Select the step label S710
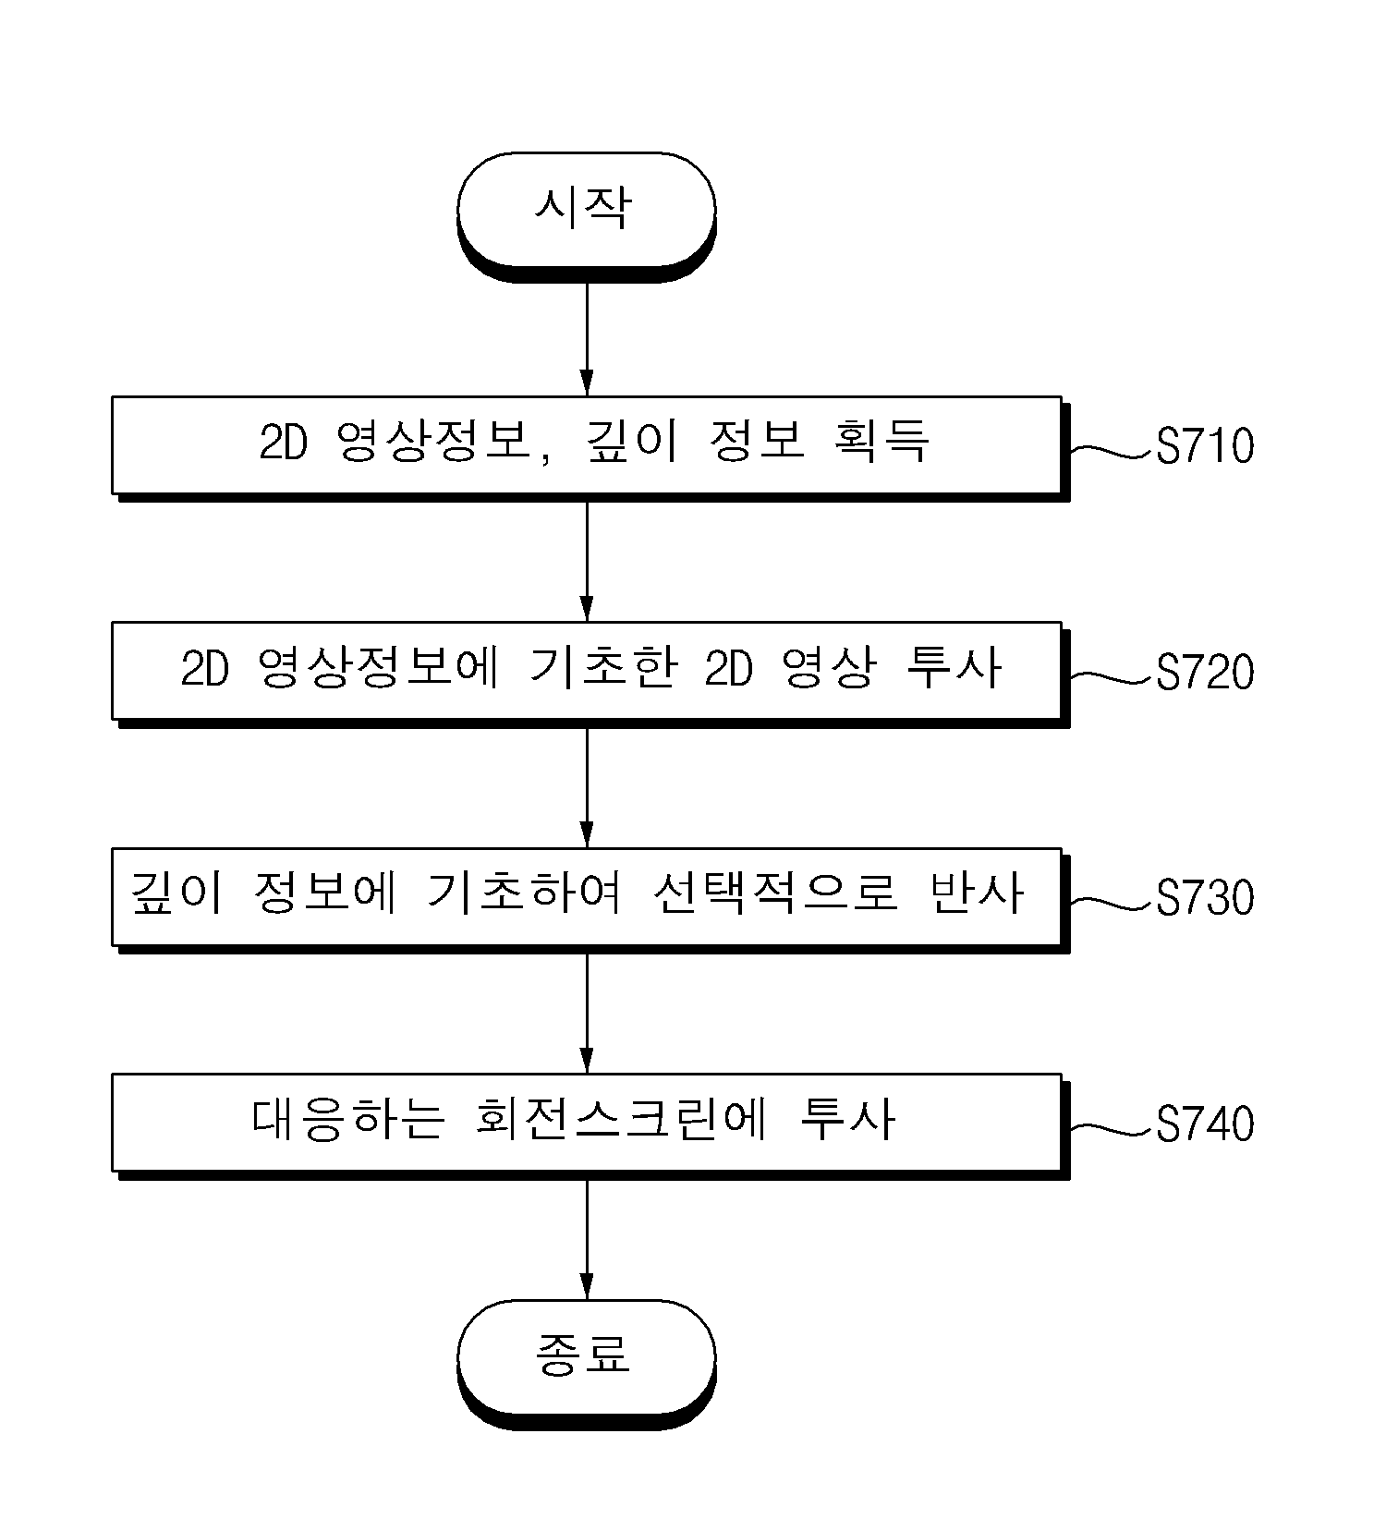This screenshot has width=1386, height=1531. (1205, 446)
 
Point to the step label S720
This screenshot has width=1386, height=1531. (1205, 673)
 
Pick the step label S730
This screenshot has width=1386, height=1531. (1205, 898)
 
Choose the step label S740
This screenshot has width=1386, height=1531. (1205, 1124)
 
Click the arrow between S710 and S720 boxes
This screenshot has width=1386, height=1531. (586, 562)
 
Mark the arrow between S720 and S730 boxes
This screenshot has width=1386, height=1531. (586, 787)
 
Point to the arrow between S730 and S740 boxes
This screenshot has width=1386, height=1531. (586, 1013)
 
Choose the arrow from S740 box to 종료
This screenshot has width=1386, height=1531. (586, 1239)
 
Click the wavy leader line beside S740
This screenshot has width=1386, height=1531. (1112, 1127)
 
